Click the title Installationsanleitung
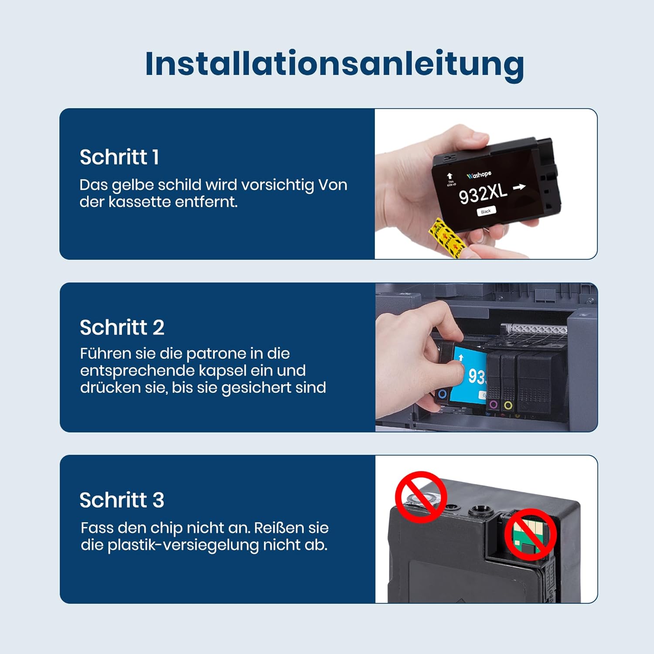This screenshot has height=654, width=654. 334,64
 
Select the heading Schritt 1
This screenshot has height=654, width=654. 119,157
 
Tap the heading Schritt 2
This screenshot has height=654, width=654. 122,327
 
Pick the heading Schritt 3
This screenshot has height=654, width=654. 122,500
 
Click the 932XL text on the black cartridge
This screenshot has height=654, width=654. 483,194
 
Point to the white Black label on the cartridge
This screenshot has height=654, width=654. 486,211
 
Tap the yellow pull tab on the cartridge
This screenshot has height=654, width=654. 445,237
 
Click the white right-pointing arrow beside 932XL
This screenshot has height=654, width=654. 519,187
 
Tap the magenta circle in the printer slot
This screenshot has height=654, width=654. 494,405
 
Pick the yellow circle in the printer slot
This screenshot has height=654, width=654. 508,405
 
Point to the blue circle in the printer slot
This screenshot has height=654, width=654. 442,394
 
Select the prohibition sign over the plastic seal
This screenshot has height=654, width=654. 421,497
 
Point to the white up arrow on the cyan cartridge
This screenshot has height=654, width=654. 461,358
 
